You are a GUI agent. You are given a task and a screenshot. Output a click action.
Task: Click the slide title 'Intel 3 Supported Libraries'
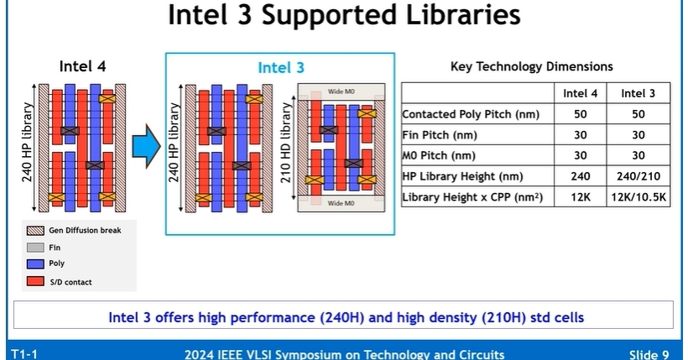point(344,15)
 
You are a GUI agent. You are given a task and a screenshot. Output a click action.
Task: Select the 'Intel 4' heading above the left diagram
point(82,66)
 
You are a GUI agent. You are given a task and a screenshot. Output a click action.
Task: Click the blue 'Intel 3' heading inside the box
point(280,68)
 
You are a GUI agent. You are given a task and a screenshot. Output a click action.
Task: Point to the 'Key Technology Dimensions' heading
point(532,66)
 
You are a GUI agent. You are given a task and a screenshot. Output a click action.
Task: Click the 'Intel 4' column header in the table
point(580,93)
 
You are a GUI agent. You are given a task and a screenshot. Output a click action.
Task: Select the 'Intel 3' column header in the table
point(638,93)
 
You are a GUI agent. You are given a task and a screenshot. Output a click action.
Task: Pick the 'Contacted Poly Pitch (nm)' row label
point(470,114)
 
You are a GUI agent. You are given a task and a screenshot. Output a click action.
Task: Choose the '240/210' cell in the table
point(638,176)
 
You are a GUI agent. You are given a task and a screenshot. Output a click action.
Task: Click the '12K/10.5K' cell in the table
point(638,196)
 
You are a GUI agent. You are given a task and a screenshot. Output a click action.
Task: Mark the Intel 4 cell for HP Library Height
point(580,176)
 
